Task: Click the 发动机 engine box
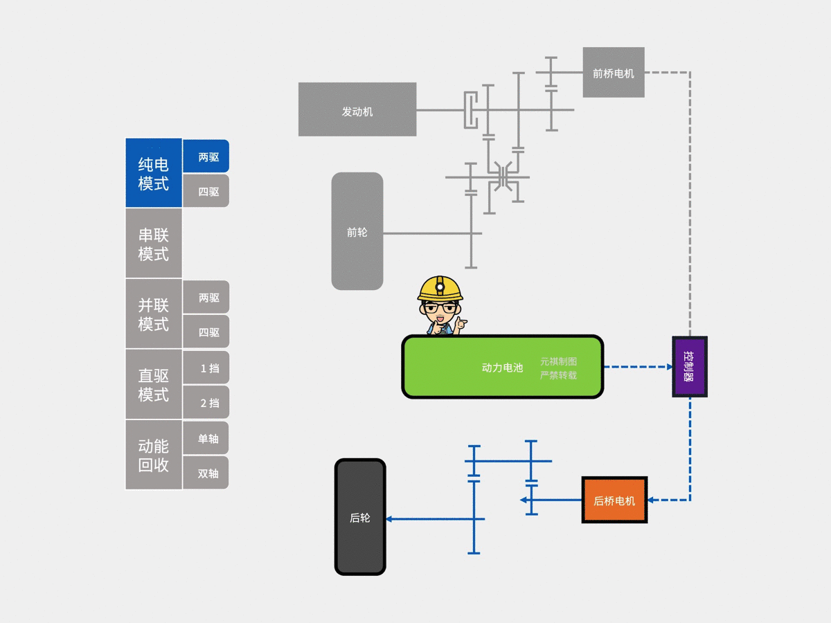tap(357, 109)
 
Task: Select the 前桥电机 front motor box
tap(614, 72)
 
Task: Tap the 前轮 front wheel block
tap(357, 231)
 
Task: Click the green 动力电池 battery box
tap(502, 367)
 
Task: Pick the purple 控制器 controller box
tap(690, 366)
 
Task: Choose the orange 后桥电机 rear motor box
tap(614, 500)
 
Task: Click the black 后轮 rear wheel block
tap(360, 517)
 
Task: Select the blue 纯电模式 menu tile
tap(154, 173)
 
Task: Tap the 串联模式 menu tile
tap(154, 244)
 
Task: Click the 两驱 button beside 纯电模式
tap(206, 156)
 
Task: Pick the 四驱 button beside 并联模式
tap(206, 332)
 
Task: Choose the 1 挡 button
tap(206, 368)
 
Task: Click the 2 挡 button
tap(206, 402)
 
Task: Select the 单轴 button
tap(206, 438)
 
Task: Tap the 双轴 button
tap(206, 473)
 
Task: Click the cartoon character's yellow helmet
tap(440, 287)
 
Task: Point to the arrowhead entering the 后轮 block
tap(389, 518)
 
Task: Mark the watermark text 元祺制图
tap(559, 361)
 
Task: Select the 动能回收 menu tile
tap(154, 455)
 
